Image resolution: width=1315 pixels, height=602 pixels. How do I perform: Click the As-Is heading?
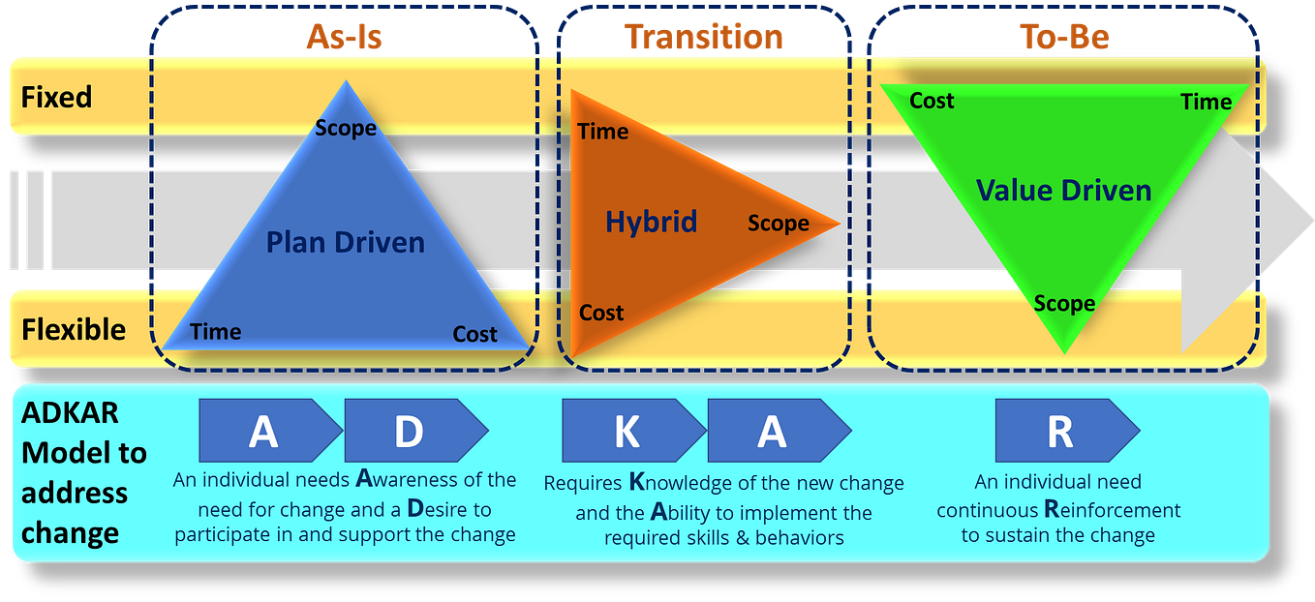[x=344, y=37]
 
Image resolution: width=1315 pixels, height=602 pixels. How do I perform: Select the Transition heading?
[x=704, y=37]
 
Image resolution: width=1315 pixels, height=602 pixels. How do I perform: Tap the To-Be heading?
[x=1064, y=37]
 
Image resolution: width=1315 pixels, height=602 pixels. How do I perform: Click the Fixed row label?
[x=56, y=98]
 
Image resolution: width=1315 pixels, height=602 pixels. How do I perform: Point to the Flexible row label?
[x=74, y=330]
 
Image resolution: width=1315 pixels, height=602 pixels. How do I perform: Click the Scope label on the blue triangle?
[x=346, y=128]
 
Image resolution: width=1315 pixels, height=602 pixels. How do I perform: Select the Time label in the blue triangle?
[x=215, y=332]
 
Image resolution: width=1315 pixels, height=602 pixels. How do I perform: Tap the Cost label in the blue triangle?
[x=474, y=335]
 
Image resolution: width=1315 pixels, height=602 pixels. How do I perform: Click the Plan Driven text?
[x=346, y=241]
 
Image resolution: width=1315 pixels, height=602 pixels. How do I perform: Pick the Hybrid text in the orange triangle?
[x=651, y=222]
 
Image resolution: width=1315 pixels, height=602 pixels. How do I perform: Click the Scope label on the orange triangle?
[x=778, y=224]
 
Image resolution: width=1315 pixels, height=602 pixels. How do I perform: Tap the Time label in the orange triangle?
[x=602, y=132]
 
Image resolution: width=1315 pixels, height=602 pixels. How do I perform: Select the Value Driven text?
[x=1063, y=190]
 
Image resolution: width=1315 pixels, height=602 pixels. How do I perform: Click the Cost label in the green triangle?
[x=932, y=101]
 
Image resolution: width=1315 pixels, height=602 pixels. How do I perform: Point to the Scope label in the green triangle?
[x=1063, y=304]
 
